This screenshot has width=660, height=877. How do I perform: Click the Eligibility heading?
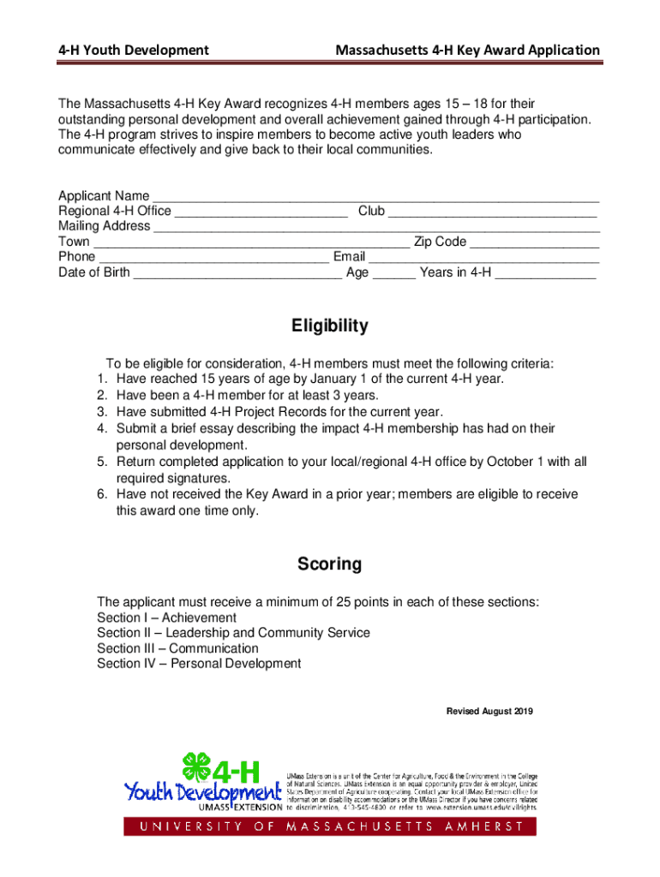click(330, 326)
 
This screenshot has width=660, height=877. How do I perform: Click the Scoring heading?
click(330, 564)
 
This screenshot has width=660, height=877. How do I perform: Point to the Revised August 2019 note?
click(490, 712)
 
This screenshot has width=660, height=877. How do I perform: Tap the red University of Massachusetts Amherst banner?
click(330, 826)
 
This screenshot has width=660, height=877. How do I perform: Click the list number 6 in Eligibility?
click(101, 495)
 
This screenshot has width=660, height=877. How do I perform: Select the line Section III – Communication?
click(177, 648)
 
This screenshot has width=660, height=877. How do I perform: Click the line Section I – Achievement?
click(166, 617)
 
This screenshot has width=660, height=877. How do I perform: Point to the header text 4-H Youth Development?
click(133, 51)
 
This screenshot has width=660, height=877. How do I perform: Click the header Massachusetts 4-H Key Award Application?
click(467, 51)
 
